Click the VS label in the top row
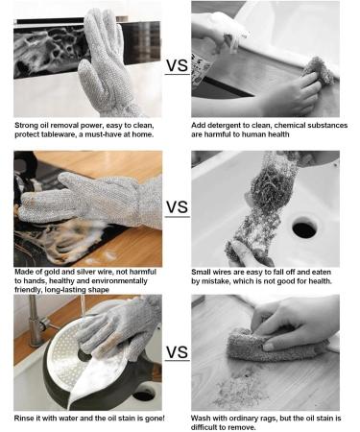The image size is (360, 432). click(x=177, y=65)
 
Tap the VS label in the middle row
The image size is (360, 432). click(x=177, y=207)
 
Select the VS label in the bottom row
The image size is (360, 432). click(x=177, y=351)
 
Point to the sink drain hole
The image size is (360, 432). click(x=304, y=228)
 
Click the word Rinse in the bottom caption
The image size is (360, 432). click(x=28, y=417)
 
